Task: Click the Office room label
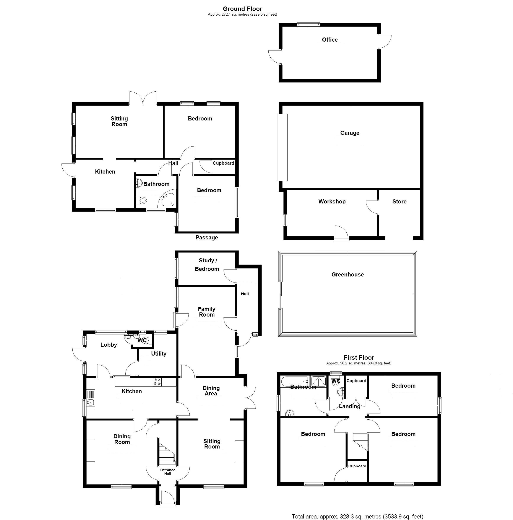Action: (x=330, y=40)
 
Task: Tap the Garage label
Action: (x=350, y=133)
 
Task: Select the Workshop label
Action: (x=332, y=201)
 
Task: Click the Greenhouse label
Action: (x=347, y=275)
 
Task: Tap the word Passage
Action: (x=207, y=237)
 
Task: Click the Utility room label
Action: (x=159, y=353)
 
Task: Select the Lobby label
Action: (x=109, y=345)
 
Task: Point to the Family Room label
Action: (x=206, y=312)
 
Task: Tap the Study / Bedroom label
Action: (x=207, y=265)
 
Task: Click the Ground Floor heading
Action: (x=242, y=9)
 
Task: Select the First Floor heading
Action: (x=359, y=357)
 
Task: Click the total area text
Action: (x=357, y=517)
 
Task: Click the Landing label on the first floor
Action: (x=349, y=406)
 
